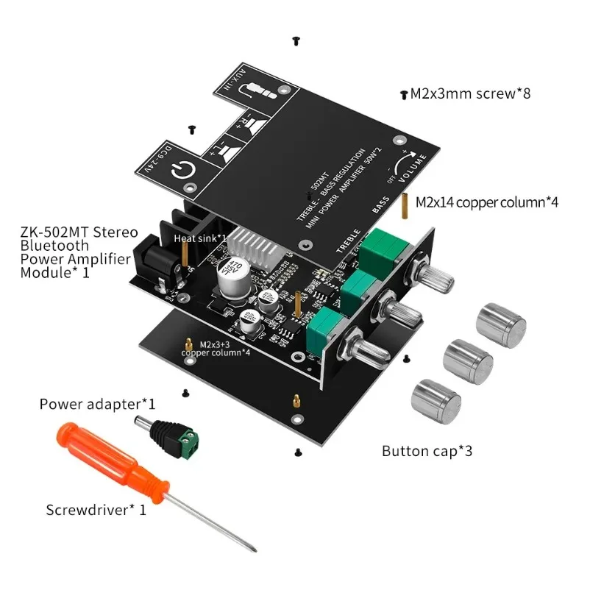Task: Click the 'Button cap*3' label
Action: click(x=427, y=450)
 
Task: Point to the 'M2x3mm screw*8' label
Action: click(x=470, y=93)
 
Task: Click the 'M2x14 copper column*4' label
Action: click(x=486, y=202)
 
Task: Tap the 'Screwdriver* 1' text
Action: click(x=96, y=509)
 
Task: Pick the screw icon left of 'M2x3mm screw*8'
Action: click(x=403, y=95)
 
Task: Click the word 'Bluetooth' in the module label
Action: click(x=55, y=246)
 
